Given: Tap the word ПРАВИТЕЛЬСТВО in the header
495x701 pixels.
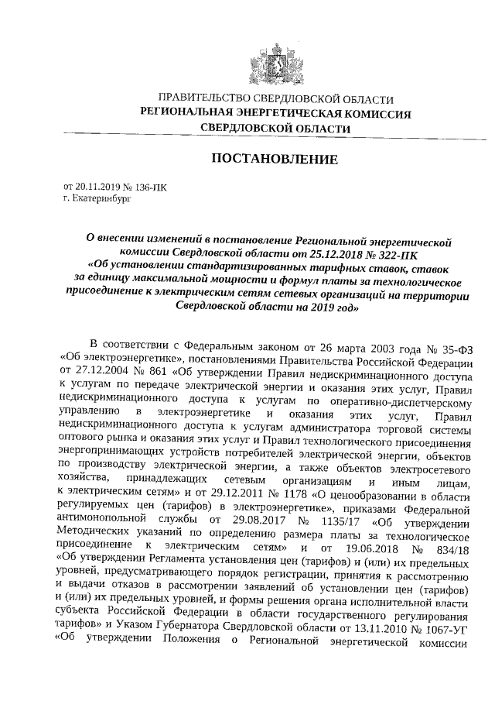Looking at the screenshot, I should point(203,100).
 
